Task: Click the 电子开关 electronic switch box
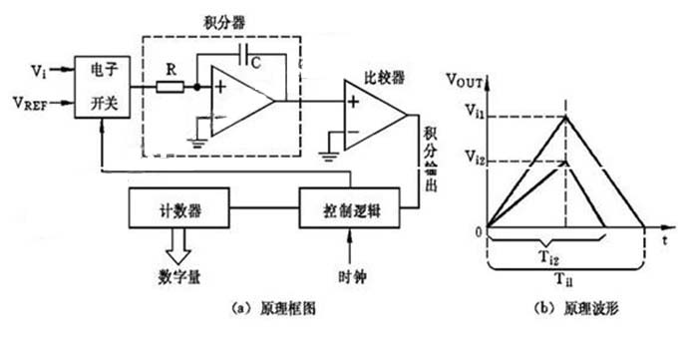pyautogui.click(x=104, y=88)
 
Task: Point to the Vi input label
pyautogui.click(x=38, y=73)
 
